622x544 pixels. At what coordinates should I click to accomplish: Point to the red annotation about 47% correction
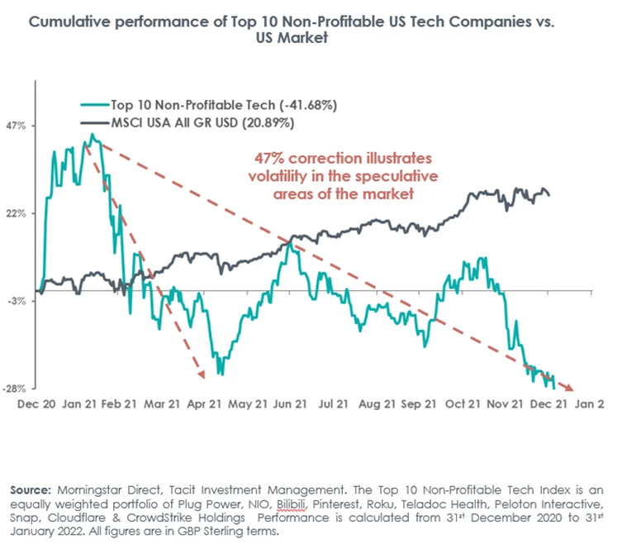tap(342, 175)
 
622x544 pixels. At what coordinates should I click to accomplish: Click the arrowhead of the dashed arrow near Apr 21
tap(201, 376)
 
